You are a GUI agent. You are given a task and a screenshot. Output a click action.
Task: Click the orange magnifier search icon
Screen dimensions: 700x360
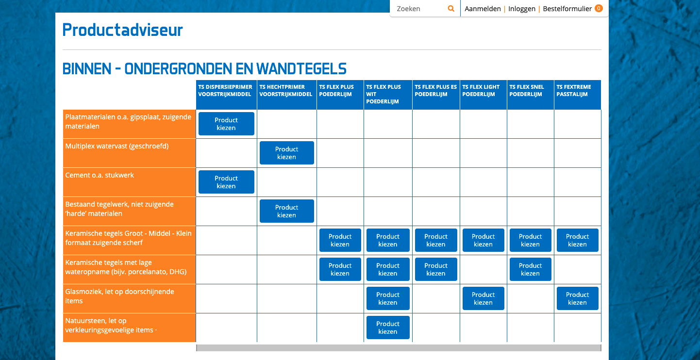[x=451, y=8]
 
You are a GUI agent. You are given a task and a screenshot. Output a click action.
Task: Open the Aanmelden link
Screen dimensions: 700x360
[x=483, y=9]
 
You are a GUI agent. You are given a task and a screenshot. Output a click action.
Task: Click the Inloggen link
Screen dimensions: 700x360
[x=521, y=9]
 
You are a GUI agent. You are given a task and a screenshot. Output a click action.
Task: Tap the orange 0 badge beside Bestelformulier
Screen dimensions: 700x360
[x=599, y=8]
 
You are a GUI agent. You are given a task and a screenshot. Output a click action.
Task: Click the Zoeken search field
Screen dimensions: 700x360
[x=419, y=9]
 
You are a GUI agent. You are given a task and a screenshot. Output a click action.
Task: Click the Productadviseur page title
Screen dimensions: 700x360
[x=122, y=30]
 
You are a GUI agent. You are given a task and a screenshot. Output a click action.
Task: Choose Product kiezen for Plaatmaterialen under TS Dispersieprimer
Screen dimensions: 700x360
[x=226, y=124]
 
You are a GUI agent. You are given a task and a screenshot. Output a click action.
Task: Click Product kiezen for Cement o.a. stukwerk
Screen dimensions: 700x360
[x=226, y=182]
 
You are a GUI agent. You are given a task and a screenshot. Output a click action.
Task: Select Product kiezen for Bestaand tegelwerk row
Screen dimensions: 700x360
[x=286, y=211]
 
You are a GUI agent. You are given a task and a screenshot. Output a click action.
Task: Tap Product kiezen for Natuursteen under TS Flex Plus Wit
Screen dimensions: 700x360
[x=388, y=327]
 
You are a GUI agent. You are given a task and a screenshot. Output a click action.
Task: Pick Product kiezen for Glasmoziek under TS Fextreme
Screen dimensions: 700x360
[x=577, y=298]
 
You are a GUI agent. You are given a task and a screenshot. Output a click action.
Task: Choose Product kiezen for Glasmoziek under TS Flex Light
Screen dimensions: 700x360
[x=483, y=298]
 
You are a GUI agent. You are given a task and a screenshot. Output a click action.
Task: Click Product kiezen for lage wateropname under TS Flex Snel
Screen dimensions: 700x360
[x=530, y=269]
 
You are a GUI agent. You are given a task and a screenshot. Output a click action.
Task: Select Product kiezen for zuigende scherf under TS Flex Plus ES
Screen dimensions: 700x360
[x=436, y=240]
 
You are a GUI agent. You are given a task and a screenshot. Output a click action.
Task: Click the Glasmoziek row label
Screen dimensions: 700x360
[x=120, y=296]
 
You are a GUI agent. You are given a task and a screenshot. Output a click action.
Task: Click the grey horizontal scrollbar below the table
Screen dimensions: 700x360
[x=399, y=348]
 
